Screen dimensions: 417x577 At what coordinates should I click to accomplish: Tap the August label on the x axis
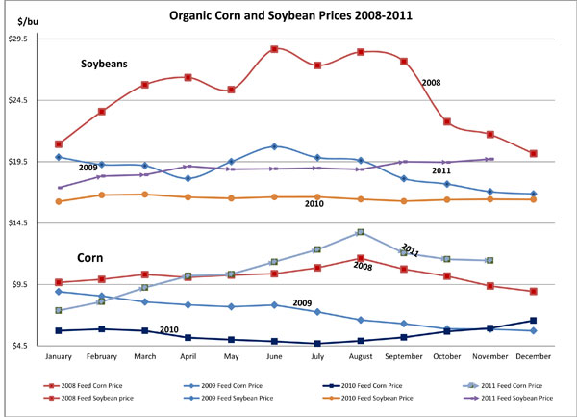click(x=361, y=357)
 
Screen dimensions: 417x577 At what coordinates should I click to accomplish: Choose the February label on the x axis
click(x=101, y=357)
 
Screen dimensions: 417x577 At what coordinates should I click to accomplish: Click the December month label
click(x=534, y=357)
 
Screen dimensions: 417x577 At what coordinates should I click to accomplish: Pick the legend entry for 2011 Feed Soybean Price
click(x=510, y=397)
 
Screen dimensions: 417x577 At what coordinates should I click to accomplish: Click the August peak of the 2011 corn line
click(x=361, y=232)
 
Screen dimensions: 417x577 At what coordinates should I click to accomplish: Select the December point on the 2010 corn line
click(x=534, y=321)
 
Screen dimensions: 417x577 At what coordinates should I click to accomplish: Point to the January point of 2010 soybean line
click(x=59, y=201)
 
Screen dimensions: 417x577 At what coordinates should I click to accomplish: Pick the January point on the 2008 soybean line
click(x=59, y=143)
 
